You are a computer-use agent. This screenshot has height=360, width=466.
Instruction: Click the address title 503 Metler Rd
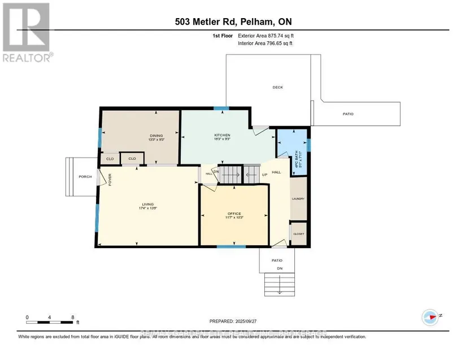[x=233, y=22]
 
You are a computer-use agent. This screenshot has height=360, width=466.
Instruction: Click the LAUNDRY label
[x=298, y=199]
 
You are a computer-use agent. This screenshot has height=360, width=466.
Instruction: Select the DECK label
[x=277, y=87]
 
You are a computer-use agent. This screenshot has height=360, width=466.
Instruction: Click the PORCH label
[x=85, y=176]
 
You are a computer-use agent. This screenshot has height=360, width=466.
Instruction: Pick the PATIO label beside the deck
[x=348, y=114]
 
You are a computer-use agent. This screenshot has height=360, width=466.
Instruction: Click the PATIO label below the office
[x=277, y=260]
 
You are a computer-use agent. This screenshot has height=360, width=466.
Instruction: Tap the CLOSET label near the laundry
[x=298, y=233]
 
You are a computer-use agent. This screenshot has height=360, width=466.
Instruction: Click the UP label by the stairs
[x=264, y=175]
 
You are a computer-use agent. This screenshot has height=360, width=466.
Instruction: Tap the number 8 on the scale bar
[x=72, y=318]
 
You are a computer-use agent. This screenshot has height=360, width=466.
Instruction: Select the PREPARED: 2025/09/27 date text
[x=233, y=320]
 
